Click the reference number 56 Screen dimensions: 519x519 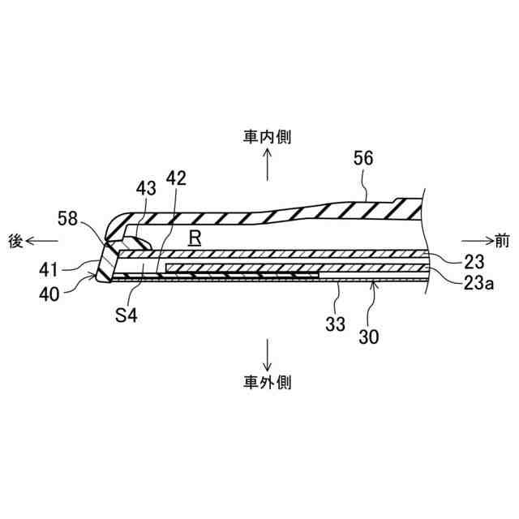coord(363,160)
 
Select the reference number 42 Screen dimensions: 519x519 coord(176,178)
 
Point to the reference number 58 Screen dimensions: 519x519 coord(69,217)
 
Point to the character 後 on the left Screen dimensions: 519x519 coord(15,240)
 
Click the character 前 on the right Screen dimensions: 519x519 coord(503,240)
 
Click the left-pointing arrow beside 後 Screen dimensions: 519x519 coord(42,240)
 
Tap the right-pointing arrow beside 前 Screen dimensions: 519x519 coord(475,240)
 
